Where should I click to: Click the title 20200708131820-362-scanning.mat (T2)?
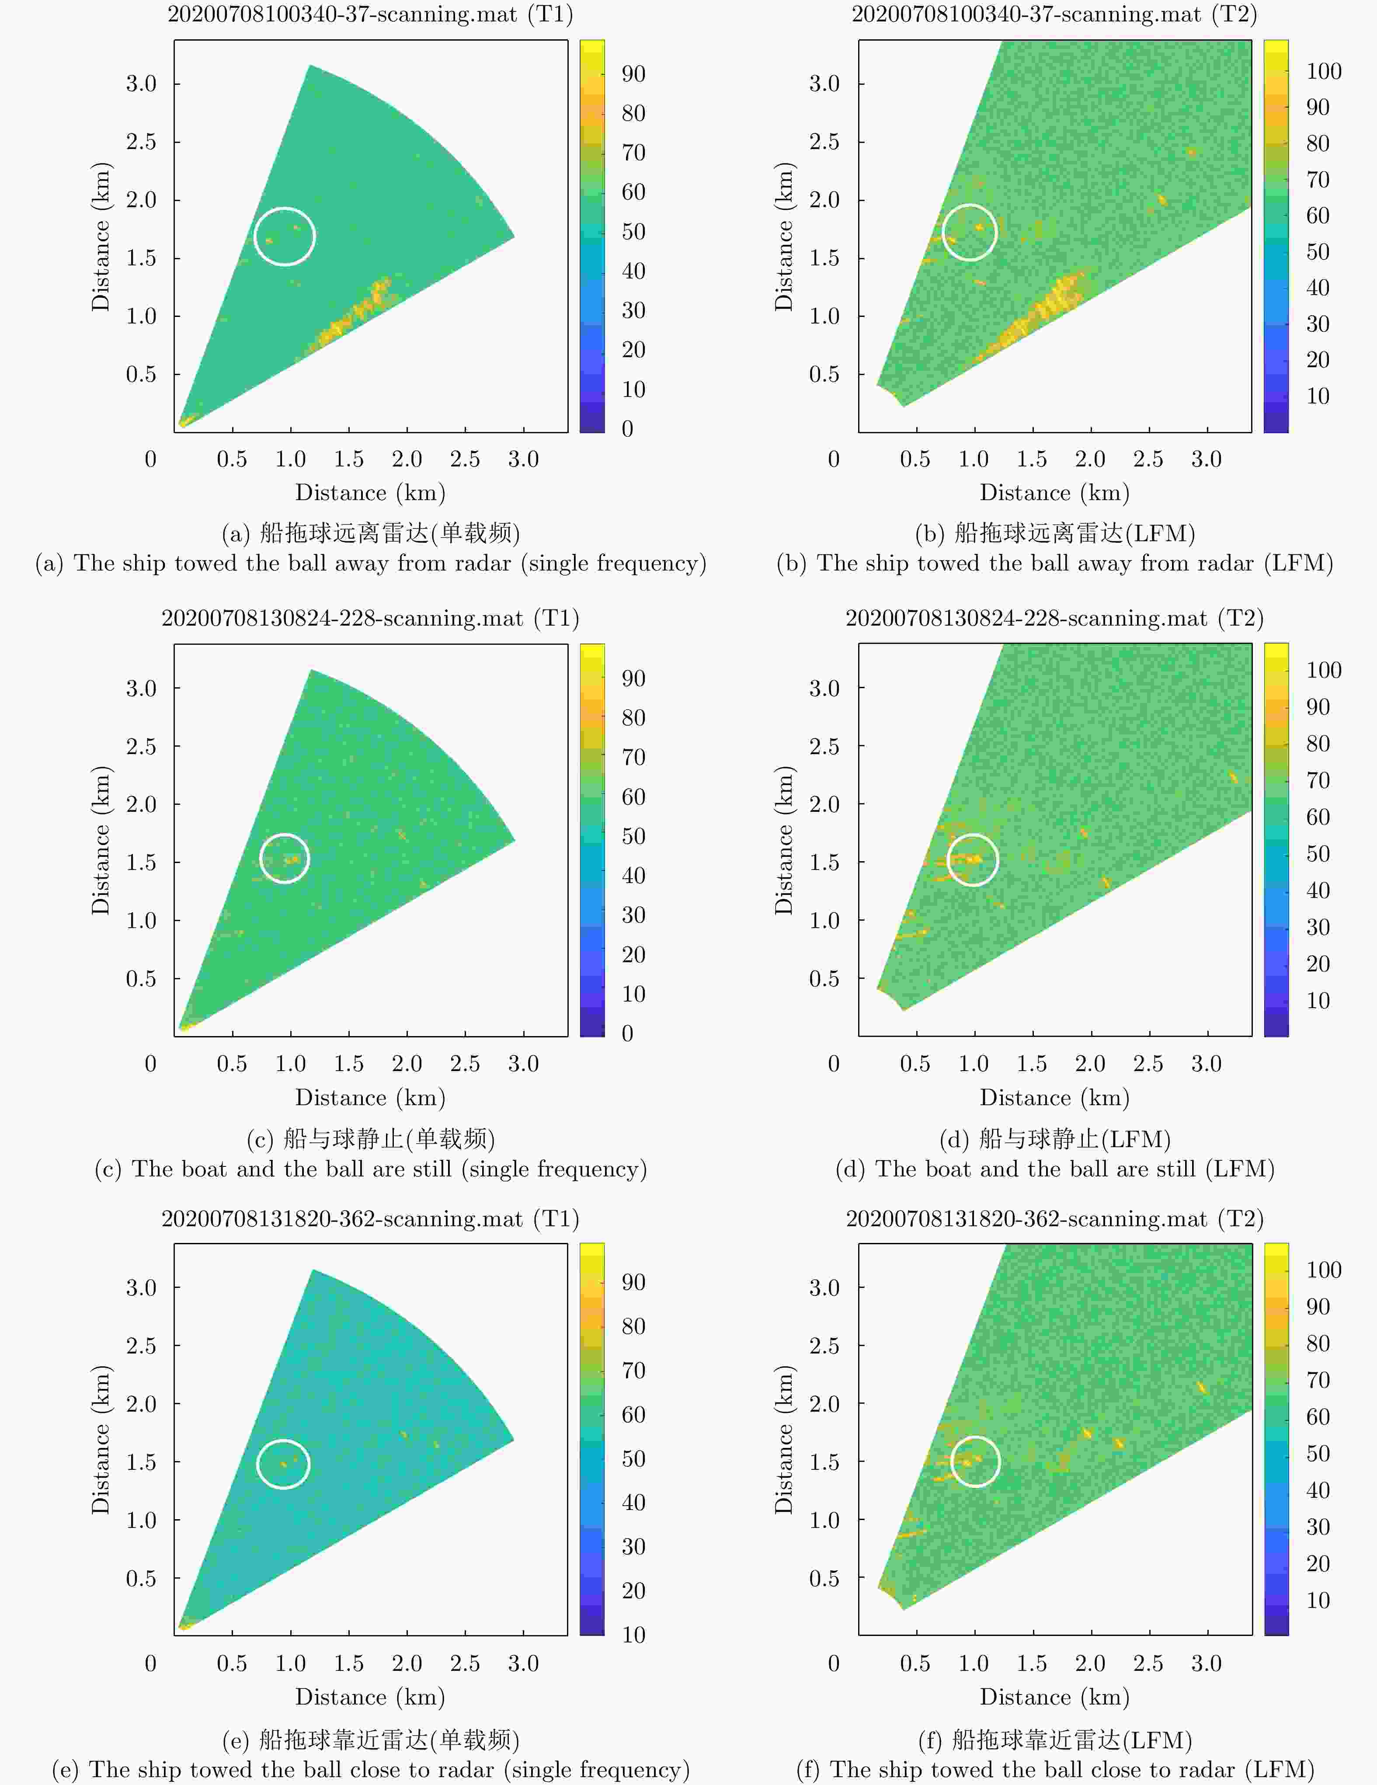click(x=1054, y=1218)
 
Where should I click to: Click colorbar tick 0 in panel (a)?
click(x=628, y=428)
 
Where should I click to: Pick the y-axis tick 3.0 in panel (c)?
click(x=141, y=688)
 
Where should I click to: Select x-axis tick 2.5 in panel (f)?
click(x=1148, y=1663)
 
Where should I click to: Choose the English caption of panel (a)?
click(x=370, y=563)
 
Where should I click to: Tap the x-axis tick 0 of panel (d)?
click(x=834, y=1063)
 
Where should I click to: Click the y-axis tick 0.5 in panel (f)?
click(x=824, y=1578)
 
